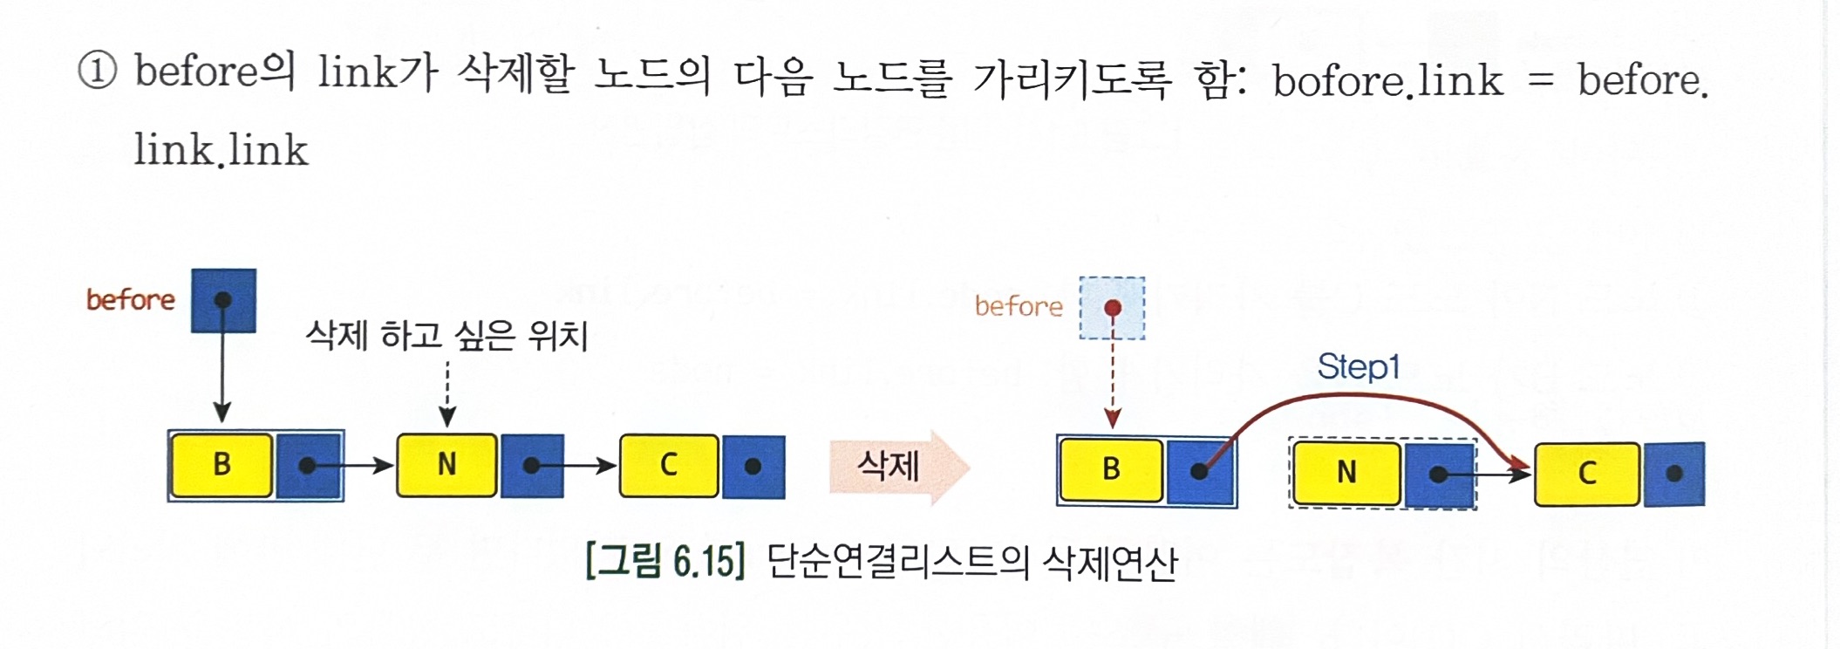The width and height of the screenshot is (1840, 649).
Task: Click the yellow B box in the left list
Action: [221, 465]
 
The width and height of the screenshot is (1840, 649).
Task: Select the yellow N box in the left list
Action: [446, 465]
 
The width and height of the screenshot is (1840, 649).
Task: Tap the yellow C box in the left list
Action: [669, 465]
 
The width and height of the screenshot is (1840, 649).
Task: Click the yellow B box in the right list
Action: [1111, 469]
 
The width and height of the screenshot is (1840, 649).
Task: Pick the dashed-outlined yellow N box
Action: [1346, 473]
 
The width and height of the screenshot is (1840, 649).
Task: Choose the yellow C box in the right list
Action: [1587, 474]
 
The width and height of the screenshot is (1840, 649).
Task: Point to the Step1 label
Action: [1358, 366]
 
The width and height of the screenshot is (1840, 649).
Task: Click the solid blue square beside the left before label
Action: [224, 301]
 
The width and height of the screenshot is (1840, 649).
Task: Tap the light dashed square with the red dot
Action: [1112, 308]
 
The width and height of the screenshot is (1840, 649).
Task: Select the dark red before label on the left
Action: [131, 300]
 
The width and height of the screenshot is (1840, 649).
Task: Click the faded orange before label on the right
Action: [1019, 306]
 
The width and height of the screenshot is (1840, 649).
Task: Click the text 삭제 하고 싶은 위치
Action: [446, 335]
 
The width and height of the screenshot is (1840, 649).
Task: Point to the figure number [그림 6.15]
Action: [665, 561]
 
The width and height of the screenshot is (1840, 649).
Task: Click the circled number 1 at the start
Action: [97, 71]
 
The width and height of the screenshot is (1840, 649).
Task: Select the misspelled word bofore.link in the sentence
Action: [1387, 81]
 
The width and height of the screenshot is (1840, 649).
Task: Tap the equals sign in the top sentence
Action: [1541, 80]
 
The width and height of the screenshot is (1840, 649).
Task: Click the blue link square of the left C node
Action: [753, 467]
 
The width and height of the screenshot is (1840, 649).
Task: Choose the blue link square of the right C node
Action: [1673, 474]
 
